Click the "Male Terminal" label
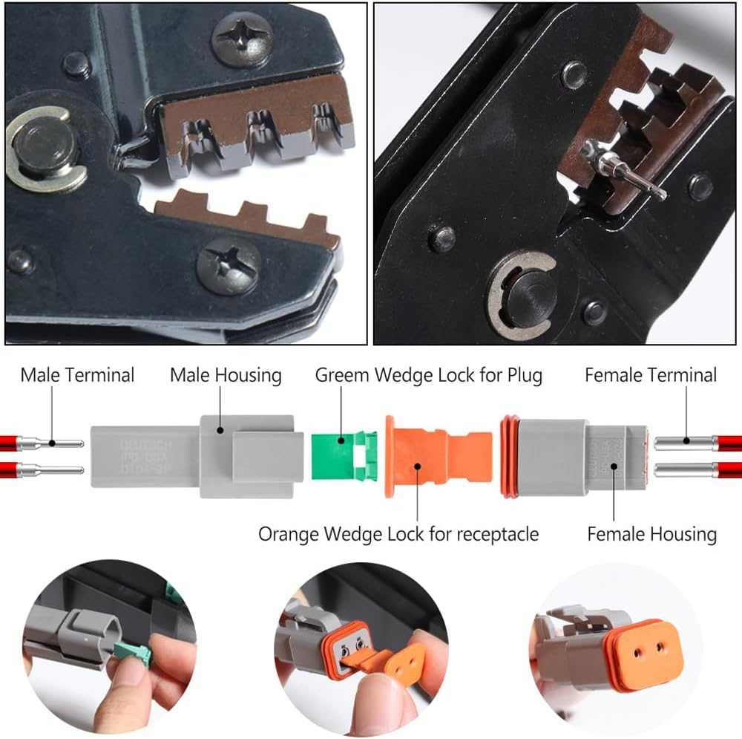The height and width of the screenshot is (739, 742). click(77, 375)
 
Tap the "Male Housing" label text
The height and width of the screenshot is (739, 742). click(226, 375)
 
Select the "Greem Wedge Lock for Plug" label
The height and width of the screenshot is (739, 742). click(428, 375)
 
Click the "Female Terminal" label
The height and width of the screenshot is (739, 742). click(651, 375)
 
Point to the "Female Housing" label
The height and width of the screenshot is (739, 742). click(651, 533)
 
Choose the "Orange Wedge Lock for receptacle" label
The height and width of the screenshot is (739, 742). click(398, 533)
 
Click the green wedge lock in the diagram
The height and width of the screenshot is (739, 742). click(341, 455)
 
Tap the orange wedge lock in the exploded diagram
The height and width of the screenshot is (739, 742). click(435, 454)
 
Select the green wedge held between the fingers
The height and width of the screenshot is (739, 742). click(133, 653)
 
